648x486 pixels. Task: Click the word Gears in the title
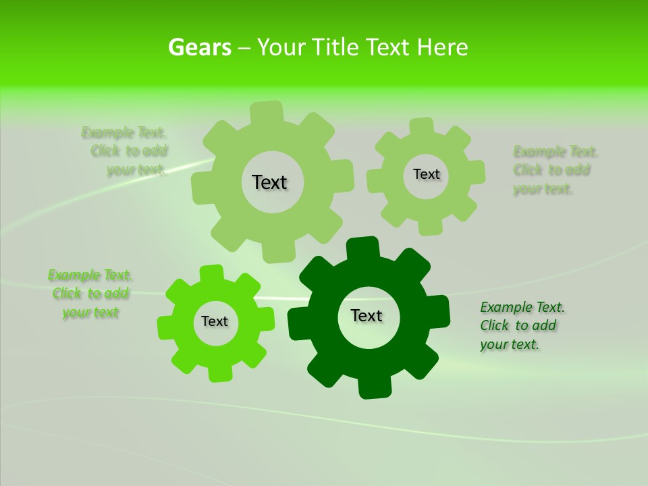[199, 47]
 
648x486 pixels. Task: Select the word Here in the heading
[441, 47]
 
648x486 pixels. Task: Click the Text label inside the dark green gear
[367, 315]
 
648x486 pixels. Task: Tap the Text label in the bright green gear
[215, 321]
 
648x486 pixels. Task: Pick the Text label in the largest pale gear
[269, 182]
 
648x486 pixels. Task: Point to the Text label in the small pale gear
[427, 174]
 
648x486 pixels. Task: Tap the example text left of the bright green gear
[90, 294]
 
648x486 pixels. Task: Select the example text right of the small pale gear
[555, 170]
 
